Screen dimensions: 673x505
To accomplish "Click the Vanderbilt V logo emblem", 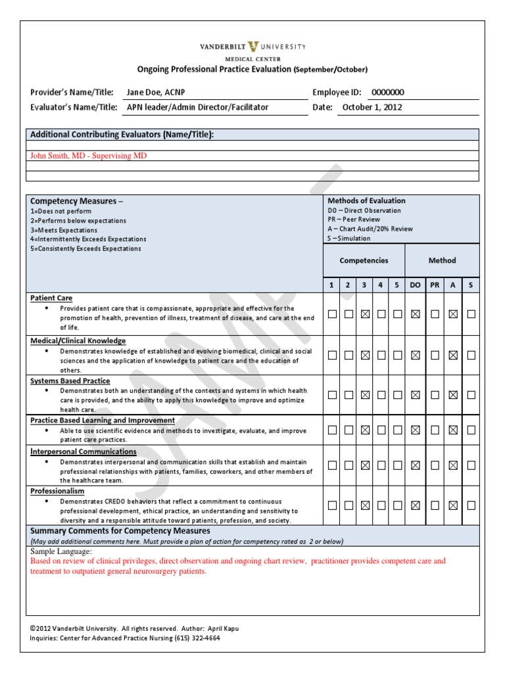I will [253, 47].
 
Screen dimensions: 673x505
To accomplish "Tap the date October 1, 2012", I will [372, 107].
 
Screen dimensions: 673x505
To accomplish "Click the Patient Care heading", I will [51, 298].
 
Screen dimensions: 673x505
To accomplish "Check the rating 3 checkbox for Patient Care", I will [365, 314].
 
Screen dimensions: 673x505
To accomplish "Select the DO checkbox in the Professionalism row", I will [415, 505].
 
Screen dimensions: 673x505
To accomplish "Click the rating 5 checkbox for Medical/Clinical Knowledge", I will [397, 355].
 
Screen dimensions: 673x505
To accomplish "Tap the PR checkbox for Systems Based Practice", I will [435, 395].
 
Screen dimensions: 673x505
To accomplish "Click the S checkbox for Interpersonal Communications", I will [471, 465].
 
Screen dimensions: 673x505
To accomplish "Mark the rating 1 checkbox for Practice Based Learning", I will [332, 430].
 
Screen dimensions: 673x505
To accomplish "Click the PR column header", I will [435, 285].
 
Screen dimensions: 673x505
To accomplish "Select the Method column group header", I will [442, 260].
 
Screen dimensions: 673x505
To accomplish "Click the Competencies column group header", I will [364, 260].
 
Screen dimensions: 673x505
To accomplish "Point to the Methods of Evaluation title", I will [366, 200].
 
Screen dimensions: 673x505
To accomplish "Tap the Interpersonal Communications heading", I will [84, 452].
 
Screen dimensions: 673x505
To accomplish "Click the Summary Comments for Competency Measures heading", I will [120, 530].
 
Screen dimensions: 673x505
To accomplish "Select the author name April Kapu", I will [222, 628].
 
